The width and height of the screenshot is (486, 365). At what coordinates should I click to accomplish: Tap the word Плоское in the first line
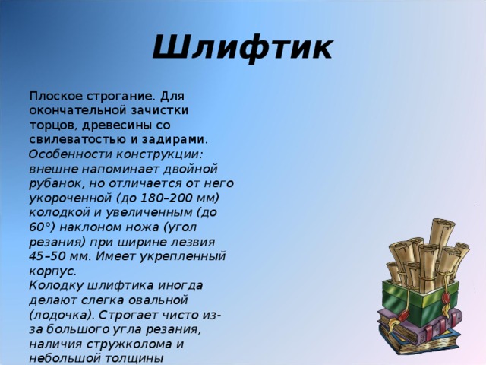[53, 97]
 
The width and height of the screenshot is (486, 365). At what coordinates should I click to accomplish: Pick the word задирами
[175, 140]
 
